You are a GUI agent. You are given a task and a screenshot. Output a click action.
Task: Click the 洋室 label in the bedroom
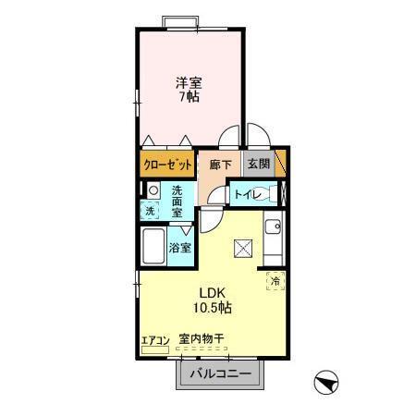[x=190, y=81]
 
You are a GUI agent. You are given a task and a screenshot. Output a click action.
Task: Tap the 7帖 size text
[x=190, y=96]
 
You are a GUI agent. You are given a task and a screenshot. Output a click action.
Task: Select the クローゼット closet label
[x=167, y=165]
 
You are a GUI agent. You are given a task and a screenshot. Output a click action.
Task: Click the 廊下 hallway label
[x=220, y=165]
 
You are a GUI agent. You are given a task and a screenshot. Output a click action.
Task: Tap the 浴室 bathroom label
[x=180, y=248]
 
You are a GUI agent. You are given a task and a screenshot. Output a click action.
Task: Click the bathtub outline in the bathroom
[x=153, y=248]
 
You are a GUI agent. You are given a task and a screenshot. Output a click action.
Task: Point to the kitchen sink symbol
[x=273, y=226]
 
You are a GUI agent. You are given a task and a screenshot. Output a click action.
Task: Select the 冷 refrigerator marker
[x=275, y=280]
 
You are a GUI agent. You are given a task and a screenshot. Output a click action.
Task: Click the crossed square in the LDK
[x=243, y=247]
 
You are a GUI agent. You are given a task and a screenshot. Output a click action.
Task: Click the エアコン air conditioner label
[x=154, y=339]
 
